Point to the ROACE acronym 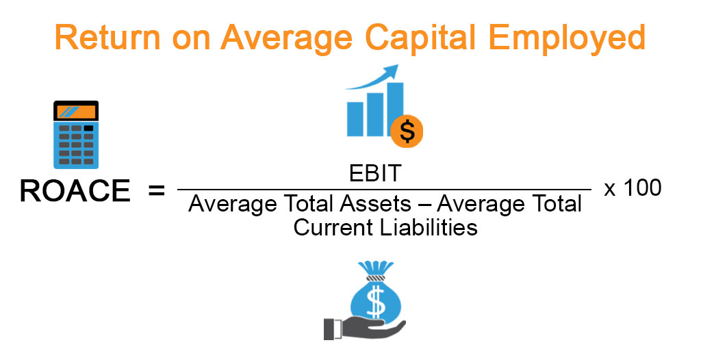point(75,191)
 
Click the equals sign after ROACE point(156,191)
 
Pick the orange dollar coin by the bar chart point(407,130)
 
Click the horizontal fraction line point(383,190)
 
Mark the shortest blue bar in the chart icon point(355,119)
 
